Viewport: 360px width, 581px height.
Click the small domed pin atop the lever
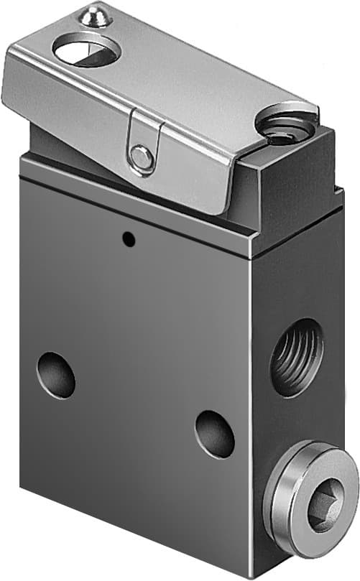click(95, 15)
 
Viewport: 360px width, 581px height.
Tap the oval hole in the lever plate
click(86, 51)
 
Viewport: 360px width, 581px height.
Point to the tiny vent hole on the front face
click(128, 239)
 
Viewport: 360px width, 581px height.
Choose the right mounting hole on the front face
click(214, 434)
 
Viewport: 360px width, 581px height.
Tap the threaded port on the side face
click(297, 357)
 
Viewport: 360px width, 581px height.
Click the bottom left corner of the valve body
click(22, 486)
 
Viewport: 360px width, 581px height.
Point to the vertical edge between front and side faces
click(251, 402)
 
